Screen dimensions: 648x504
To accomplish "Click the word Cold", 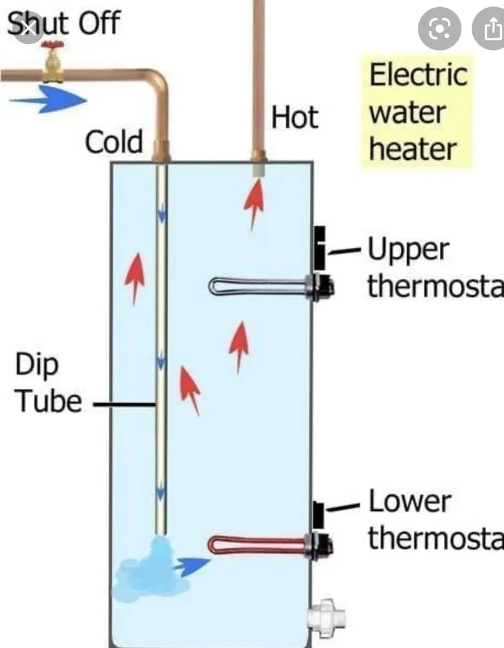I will tap(114, 142).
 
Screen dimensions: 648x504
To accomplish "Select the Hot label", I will tap(295, 118).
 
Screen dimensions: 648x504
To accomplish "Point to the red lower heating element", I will tap(259, 544).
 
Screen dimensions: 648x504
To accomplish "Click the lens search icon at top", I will tap(439, 30).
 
